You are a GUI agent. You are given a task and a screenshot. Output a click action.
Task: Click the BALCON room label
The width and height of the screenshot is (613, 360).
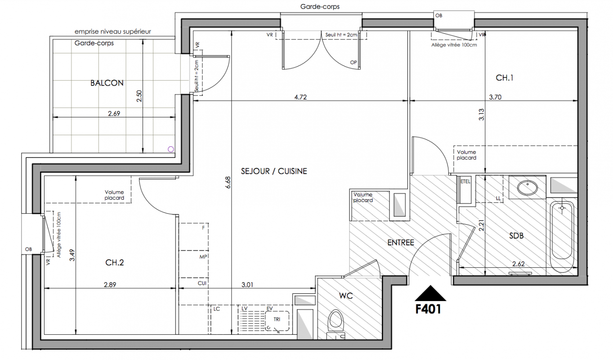[x=107, y=83]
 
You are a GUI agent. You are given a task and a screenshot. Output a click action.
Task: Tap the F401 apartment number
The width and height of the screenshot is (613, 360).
[x=428, y=309]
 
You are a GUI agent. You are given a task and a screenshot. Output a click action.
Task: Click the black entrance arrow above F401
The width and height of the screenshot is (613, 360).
[x=430, y=293]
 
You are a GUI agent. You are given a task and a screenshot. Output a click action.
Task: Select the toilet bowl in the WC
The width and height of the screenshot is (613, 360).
[x=336, y=320]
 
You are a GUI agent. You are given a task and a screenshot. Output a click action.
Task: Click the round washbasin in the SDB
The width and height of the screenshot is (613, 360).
[x=528, y=188]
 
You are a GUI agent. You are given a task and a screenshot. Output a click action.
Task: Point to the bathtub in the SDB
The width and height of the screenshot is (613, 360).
[x=562, y=237]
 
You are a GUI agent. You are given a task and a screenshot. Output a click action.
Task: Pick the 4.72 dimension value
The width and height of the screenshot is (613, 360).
[x=300, y=97]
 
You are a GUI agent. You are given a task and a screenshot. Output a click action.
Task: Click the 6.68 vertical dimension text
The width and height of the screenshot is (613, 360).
[x=228, y=182]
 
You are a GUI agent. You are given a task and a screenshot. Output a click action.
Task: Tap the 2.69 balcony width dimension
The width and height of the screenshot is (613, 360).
[x=114, y=113]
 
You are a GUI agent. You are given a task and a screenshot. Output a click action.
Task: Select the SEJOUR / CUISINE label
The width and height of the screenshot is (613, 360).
[x=274, y=171]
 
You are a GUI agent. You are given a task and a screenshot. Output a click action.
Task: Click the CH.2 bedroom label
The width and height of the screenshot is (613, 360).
[x=115, y=262]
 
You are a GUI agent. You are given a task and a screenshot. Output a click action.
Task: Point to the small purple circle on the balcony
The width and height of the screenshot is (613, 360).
[x=171, y=149]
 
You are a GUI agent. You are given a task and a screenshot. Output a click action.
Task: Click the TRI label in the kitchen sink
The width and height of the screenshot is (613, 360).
[x=277, y=319]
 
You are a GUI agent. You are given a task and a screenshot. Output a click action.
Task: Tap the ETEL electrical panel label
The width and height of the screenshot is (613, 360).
[x=465, y=181]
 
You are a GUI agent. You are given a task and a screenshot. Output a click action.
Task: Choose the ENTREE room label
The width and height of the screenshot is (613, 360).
[x=401, y=243]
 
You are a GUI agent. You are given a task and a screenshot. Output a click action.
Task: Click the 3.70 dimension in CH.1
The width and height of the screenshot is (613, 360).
[x=495, y=97]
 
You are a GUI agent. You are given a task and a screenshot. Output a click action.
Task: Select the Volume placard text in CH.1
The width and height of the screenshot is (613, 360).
[x=466, y=155]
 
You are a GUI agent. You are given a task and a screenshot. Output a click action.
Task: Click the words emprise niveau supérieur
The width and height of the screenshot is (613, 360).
[x=113, y=32]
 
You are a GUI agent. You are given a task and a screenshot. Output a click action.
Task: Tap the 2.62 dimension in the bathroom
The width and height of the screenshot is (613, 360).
[x=518, y=264]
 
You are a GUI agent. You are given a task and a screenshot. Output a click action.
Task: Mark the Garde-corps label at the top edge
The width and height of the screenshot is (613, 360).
[x=320, y=7]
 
